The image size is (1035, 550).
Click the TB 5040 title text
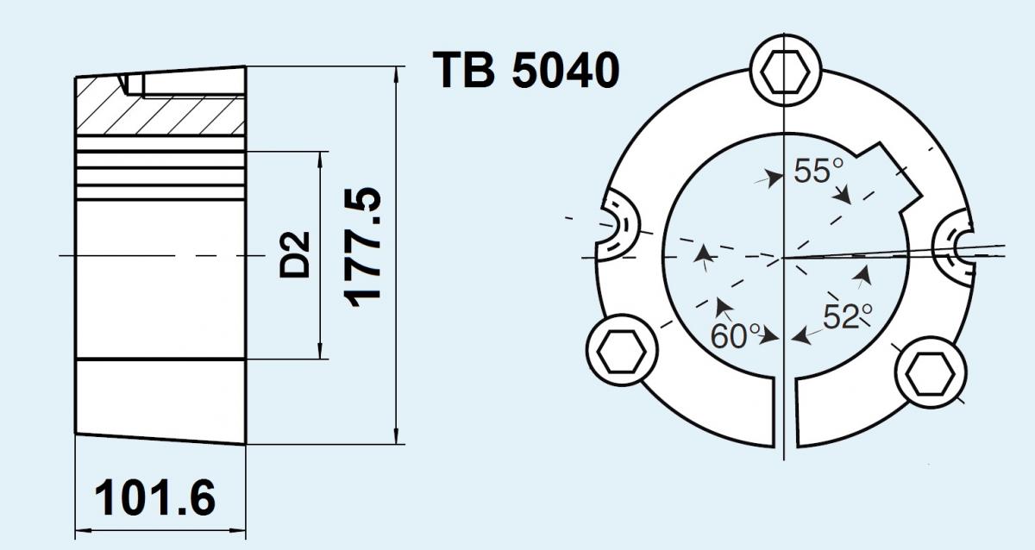pos(526,70)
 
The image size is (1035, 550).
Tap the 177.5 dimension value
pos(364,247)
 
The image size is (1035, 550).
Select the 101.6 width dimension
pos(154,497)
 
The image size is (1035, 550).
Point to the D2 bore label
pos(295,255)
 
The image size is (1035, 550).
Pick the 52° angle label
pos(848,316)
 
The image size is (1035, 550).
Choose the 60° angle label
pos(735,335)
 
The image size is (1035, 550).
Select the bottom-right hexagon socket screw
pos(931,373)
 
